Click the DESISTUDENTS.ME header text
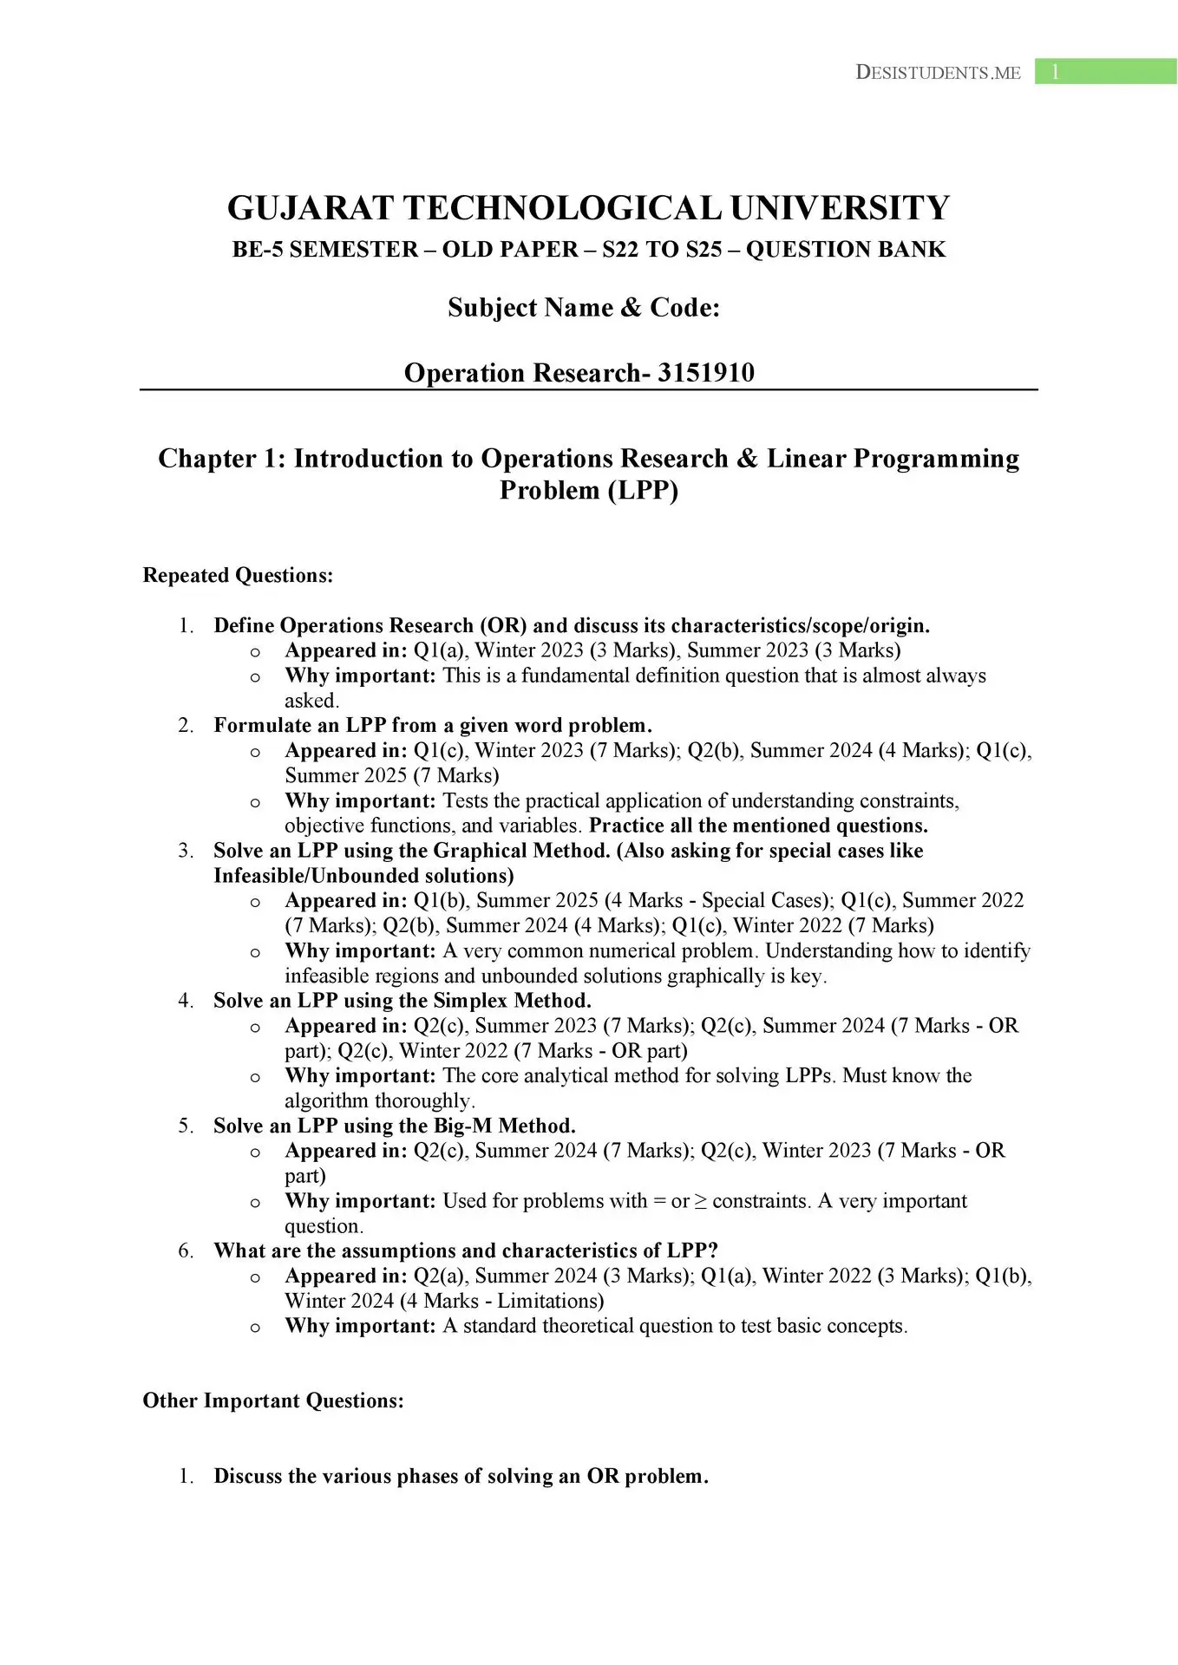(938, 73)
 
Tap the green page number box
(1105, 72)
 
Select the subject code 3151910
(705, 373)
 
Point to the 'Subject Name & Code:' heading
(583, 308)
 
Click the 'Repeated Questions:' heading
(238, 576)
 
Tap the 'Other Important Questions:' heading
(273, 1401)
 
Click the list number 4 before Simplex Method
(185, 1001)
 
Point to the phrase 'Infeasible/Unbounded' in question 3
(315, 876)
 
